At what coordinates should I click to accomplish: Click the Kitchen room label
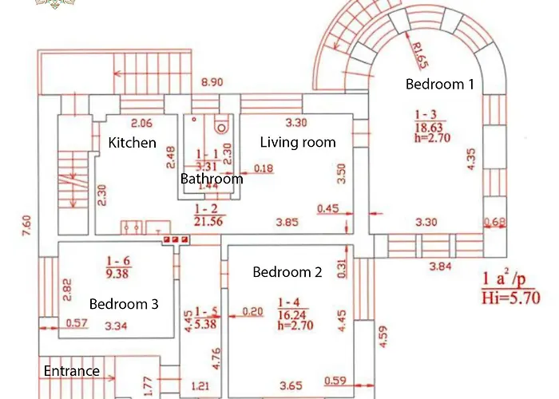[133, 143]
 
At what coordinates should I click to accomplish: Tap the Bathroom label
[212, 179]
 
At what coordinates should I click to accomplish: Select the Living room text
[298, 142]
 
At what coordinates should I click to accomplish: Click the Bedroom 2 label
[287, 272]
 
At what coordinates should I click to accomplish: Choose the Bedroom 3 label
[124, 304]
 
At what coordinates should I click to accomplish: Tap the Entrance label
[72, 371]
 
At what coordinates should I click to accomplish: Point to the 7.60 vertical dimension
[26, 220]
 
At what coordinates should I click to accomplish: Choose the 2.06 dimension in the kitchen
[141, 123]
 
